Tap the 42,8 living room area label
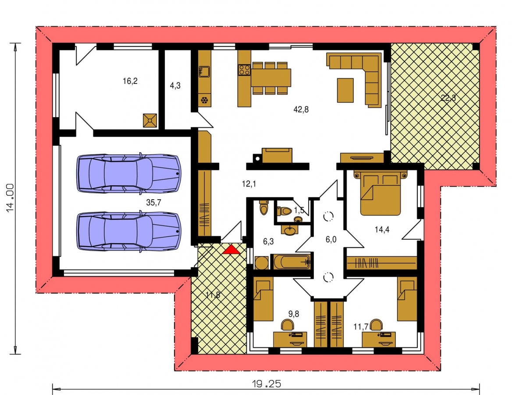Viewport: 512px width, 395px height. [301, 110]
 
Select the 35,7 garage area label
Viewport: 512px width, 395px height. [153, 203]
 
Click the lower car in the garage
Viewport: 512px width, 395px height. [128, 231]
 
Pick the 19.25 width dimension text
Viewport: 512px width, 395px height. [267, 384]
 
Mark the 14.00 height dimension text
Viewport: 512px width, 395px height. [11, 197]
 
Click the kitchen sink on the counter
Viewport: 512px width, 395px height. [204, 72]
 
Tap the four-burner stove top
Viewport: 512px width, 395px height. [244, 70]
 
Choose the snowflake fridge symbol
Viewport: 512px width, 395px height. [205, 100]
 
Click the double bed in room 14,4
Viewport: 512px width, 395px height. [380, 193]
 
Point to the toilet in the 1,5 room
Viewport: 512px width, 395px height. [284, 211]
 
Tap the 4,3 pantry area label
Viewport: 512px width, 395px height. [175, 86]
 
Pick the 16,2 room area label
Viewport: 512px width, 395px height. [130, 81]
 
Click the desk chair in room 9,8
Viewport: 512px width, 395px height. [288, 325]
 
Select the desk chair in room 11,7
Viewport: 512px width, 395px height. [376, 325]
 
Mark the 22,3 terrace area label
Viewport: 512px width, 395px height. [448, 98]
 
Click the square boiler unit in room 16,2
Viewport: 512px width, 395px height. [150, 120]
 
